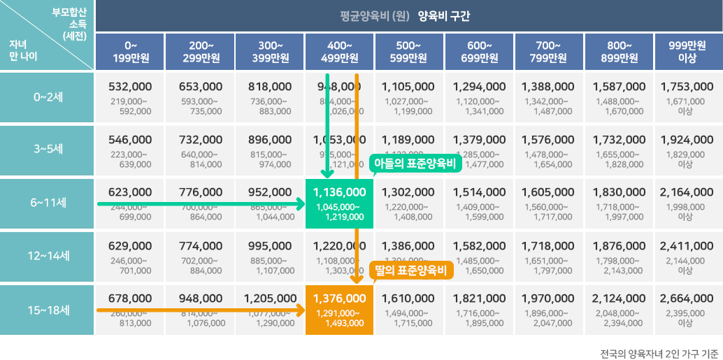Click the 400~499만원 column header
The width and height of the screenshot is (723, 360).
339,52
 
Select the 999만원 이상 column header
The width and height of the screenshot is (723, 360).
689,52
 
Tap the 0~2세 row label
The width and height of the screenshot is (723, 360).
48,96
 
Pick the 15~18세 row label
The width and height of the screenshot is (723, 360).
48,309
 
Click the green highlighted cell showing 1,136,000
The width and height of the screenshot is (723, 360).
339,203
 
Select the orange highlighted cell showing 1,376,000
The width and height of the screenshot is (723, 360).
339,310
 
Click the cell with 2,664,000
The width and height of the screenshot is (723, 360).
689,310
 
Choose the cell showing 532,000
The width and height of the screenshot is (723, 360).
130,96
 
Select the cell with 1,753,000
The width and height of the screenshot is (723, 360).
689,96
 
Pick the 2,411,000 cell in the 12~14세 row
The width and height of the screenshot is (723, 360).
689,257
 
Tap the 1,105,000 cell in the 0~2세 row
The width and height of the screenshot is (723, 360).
409,96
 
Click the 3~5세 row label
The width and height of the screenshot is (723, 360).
48,150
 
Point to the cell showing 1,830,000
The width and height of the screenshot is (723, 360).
619,203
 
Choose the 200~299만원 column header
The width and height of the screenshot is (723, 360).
199,52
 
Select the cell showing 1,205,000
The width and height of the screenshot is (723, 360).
269,310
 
